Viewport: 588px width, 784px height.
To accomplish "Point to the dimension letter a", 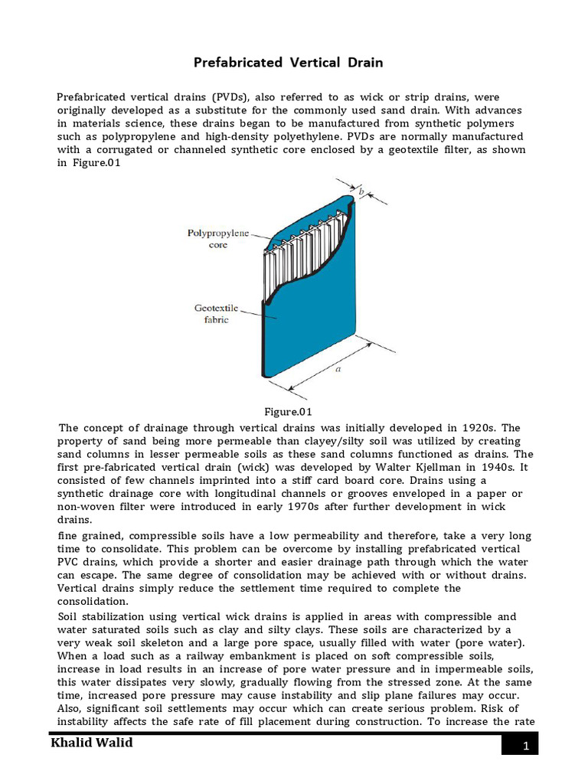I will [x=337, y=369].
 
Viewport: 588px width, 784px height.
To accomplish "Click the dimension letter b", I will [x=371, y=191].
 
